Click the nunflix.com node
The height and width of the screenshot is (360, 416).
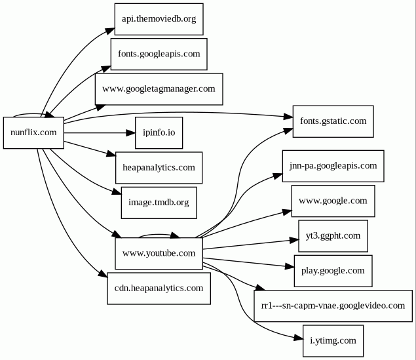33,133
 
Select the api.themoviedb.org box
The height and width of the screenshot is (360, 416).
159,19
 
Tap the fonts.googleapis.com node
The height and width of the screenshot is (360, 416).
159,54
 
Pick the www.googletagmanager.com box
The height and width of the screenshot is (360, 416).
159,89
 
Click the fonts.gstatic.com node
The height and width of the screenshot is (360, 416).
333,121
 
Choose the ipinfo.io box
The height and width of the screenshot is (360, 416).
159,133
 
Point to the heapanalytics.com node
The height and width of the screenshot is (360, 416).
159,168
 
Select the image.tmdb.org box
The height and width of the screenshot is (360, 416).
159,203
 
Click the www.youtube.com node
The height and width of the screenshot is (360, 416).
159,253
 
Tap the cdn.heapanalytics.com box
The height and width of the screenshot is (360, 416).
159,288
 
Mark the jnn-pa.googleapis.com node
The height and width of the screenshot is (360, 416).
333,166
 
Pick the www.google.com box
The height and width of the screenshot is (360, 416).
333,201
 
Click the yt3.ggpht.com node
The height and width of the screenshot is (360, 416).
333,235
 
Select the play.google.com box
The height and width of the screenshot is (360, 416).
333,270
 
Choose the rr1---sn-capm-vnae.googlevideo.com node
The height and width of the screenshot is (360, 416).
333,306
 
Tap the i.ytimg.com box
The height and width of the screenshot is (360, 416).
333,340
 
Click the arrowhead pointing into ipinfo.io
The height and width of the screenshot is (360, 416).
130,133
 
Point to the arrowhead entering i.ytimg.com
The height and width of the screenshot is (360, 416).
299,336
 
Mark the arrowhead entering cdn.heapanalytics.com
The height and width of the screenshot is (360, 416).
104,276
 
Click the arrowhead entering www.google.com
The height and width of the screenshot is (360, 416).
288,212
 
